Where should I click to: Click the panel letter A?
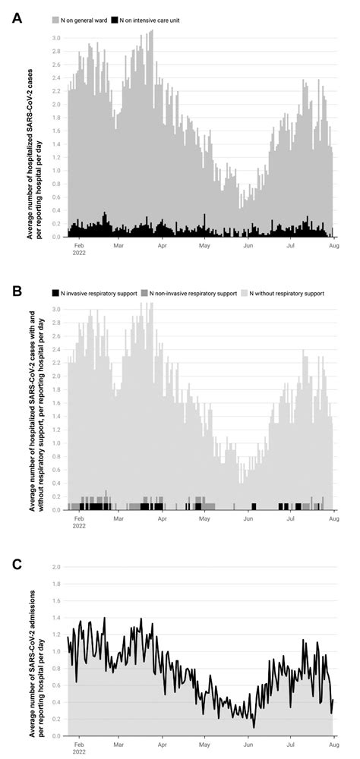(x=17, y=17)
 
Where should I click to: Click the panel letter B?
(x=17, y=291)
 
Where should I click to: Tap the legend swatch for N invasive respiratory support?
(x=55, y=292)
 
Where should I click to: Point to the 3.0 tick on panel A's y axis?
(x=56, y=37)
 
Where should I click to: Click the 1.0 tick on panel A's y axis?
(x=56, y=170)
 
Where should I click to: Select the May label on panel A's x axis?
(x=204, y=245)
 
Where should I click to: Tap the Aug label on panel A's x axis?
(x=333, y=245)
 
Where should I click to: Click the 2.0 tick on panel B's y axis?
(x=56, y=376)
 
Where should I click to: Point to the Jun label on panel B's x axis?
(x=248, y=518)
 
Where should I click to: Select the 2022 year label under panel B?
(x=80, y=525)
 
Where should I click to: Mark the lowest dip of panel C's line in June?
(x=254, y=727)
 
